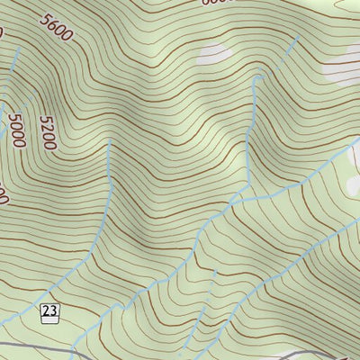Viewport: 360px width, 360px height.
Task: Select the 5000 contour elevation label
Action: pyautogui.click(x=17, y=130)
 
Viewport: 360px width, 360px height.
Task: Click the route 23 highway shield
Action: pyautogui.click(x=50, y=312)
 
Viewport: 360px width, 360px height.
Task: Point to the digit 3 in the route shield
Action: pyautogui.click(x=54, y=312)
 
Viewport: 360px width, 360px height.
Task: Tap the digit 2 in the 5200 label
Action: pyautogui.click(x=47, y=141)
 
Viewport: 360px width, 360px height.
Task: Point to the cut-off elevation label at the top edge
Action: pyautogui.click(x=216, y=3)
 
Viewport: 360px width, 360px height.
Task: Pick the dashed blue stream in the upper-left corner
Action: pyautogui.click(x=16, y=63)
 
